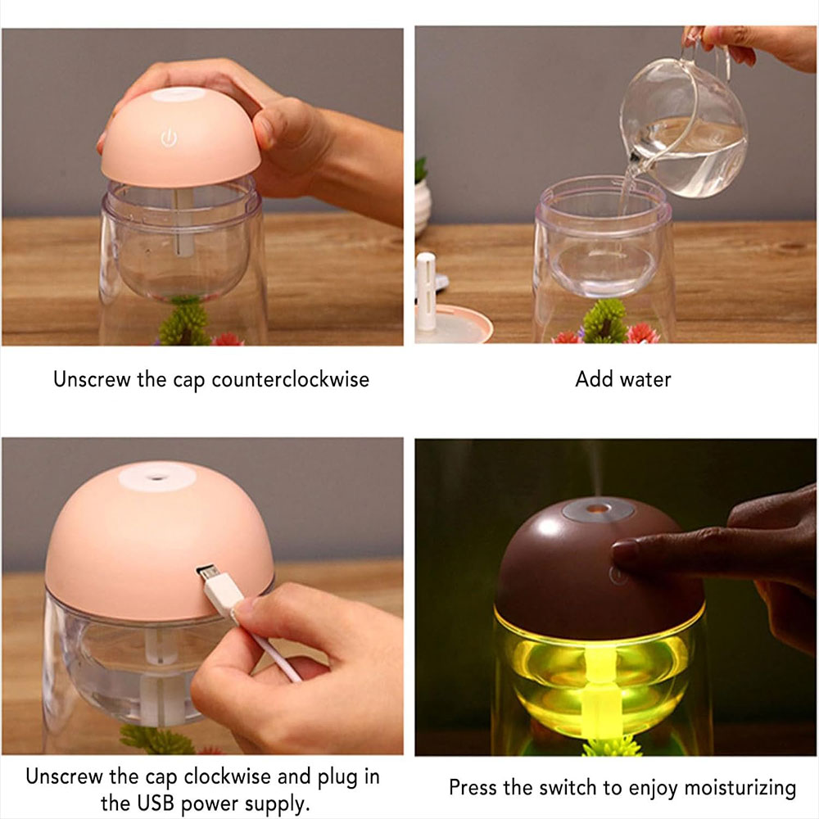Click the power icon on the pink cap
169,138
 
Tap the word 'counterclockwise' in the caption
291,379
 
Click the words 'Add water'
622,379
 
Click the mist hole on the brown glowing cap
599,508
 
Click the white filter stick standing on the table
426,292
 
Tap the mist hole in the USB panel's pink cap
156,477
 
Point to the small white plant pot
423,206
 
